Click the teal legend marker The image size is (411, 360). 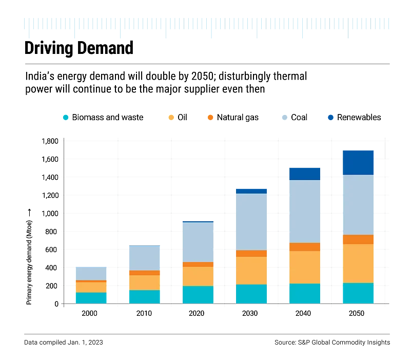pos(65,118)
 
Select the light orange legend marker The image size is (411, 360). pos(172,118)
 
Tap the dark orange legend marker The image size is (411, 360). pos(210,118)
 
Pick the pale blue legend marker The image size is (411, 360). pos(284,118)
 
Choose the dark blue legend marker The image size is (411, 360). pos(331,118)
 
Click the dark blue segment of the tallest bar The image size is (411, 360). pos(358,162)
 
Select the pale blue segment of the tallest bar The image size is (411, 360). pos(358,205)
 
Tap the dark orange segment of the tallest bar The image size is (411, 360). pos(358,239)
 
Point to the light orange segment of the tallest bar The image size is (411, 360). pos(358,263)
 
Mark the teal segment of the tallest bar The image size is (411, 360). pos(358,293)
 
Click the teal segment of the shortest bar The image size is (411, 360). pos(90,298)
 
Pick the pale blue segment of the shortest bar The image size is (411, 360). pos(90,273)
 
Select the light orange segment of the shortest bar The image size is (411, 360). pos(90,287)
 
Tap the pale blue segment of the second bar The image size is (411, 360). pos(144,258)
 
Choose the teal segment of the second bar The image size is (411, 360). pos(144,296)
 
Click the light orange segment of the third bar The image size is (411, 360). pos(197,276)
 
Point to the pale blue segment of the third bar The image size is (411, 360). pos(197,242)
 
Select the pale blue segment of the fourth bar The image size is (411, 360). pos(250,222)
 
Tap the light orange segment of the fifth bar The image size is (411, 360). pos(304,267)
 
